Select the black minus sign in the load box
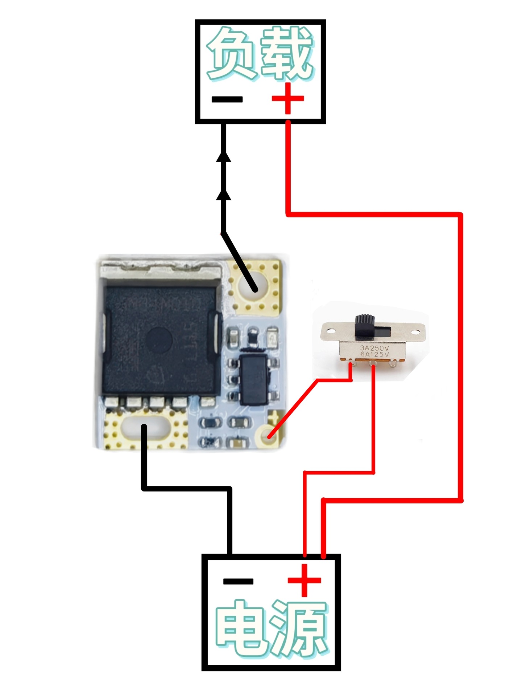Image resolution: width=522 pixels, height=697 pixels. point(227,99)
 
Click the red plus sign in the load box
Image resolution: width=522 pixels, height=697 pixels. point(288,98)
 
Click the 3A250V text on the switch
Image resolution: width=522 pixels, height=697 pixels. point(374,348)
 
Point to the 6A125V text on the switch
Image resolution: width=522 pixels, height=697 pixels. point(374,354)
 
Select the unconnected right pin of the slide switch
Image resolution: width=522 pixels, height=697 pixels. point(393,363)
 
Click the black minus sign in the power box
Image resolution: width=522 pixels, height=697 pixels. point(238,581)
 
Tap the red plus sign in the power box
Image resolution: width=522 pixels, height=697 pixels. point(304,580)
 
